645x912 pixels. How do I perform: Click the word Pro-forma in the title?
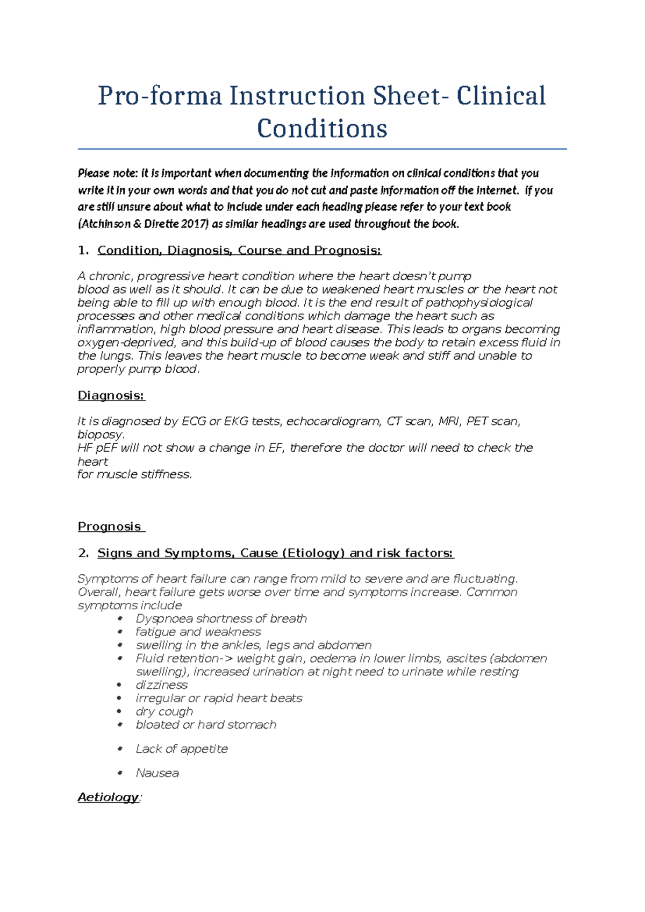pos(159,96)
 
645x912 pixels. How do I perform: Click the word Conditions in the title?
pos(322,129)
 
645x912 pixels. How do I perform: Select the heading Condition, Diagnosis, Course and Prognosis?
pos(239,251)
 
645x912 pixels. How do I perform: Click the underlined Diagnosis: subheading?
pos(111,396)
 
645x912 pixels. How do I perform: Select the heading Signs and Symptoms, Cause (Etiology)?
pos(275,553)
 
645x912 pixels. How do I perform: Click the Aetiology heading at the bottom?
pos(108,797)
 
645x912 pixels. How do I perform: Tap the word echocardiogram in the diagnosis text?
pos(333,422)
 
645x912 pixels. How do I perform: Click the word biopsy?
pos(101,434)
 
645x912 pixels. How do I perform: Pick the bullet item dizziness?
pos(161,685)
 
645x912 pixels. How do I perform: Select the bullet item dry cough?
pos(164,711)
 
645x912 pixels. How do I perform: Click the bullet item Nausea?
pos(157,773)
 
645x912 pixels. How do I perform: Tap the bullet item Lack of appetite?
pos(182,749)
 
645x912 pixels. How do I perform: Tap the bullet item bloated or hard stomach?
pos(206,725)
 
